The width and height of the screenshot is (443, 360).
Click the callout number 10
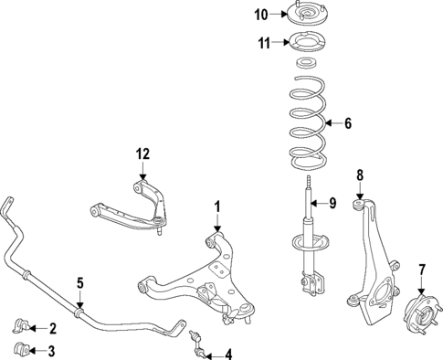pos(261,14)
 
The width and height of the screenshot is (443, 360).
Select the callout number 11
pos(263,42)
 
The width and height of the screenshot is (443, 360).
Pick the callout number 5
pos(80,283)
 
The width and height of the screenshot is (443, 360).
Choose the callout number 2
pos(52,328)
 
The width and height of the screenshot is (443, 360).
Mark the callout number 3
pos(52,351)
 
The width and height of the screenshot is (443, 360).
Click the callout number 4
pos(227,355)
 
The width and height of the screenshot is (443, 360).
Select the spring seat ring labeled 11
pos(304,43)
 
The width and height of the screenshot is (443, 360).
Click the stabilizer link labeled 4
pos(195,344)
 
